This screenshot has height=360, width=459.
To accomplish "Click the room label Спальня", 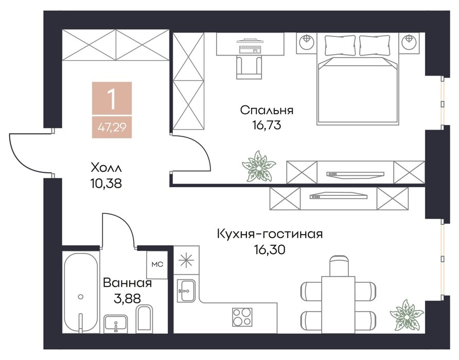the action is tap(267, 111).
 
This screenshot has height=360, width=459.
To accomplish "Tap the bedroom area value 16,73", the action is tap(267, 125).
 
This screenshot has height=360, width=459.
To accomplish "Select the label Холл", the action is tap(106, 168).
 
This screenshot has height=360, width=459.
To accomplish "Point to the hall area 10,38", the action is tap(106, 184).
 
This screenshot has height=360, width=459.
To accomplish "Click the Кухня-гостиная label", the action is tap(270, 234).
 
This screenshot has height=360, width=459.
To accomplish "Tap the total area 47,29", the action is tap(112, 128).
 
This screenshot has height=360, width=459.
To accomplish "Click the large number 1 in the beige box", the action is tap(112, 99).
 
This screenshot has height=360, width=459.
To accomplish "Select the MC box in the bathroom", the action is tap(157, 264).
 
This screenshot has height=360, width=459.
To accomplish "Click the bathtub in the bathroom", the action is tap(81, 293).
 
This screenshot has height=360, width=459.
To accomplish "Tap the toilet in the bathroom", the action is tap(145, 319).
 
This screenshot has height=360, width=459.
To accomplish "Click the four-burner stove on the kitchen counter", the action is tap(242, 317).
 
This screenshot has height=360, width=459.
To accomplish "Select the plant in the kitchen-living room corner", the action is tap(407, 315).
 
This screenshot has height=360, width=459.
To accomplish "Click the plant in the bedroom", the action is tap(259, 166).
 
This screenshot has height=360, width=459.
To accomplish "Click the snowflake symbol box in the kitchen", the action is tap(186, 260).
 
